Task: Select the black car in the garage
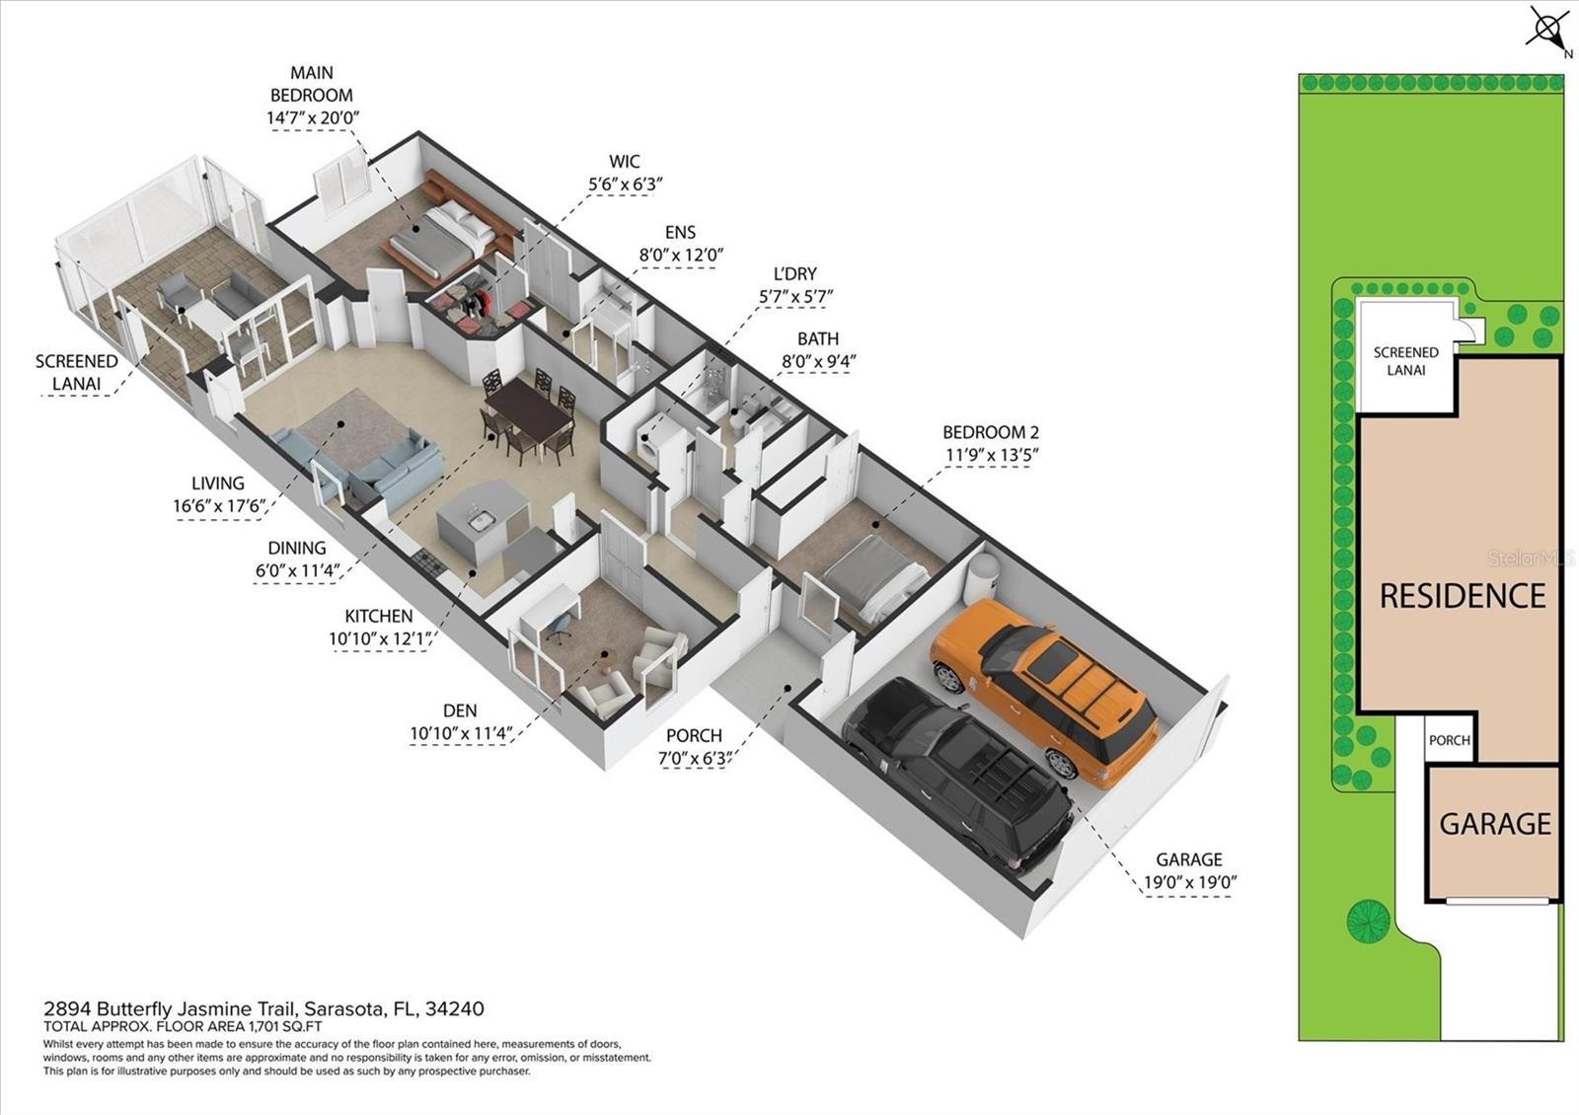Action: [958, 776]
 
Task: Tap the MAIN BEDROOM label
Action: [312, 84]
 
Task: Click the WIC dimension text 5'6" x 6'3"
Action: [626, 184]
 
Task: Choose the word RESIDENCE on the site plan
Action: [1462, 596]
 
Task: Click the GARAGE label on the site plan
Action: [1495, 824]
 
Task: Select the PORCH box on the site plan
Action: [1450, 739]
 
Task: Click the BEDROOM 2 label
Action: [991, 432]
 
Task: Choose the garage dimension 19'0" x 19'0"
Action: [1190, 882]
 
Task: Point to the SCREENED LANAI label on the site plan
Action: [1405, 361]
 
